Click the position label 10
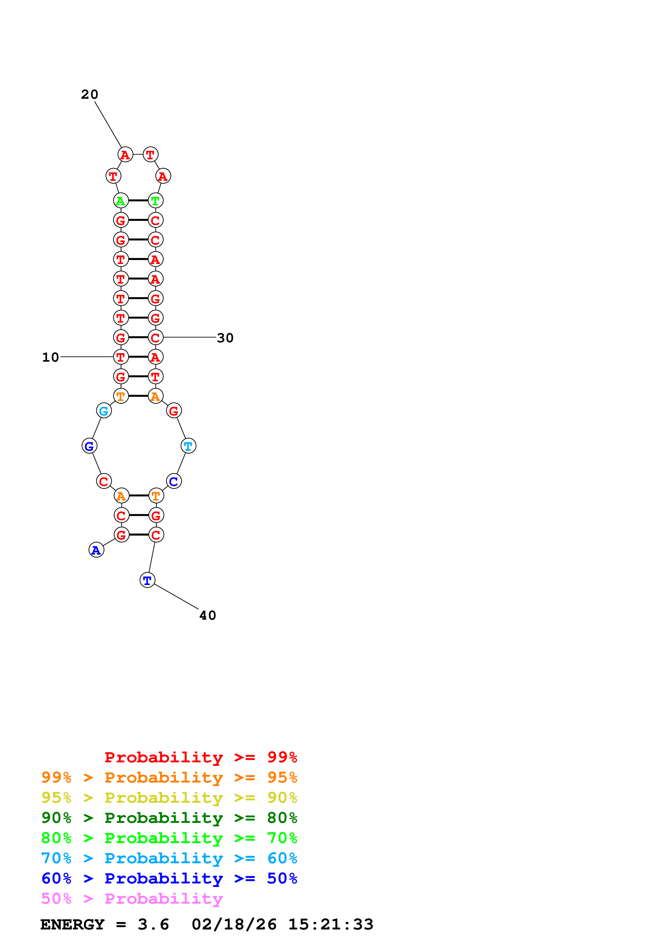[x=51, y=357]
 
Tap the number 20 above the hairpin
[x=90, y=94]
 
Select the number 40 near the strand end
[x=207, y=615]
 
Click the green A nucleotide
[x=121, y=201]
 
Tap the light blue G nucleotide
[x=104, y=410]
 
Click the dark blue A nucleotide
[x=96, y=550]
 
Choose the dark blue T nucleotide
[x=147, y=580]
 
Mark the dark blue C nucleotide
[x=174, y=481]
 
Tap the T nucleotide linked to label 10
[x=121, y=357]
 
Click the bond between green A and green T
[x=138, y=201]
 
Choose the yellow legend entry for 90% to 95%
[x=169, y=798]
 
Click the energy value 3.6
[x=153, y=924]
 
